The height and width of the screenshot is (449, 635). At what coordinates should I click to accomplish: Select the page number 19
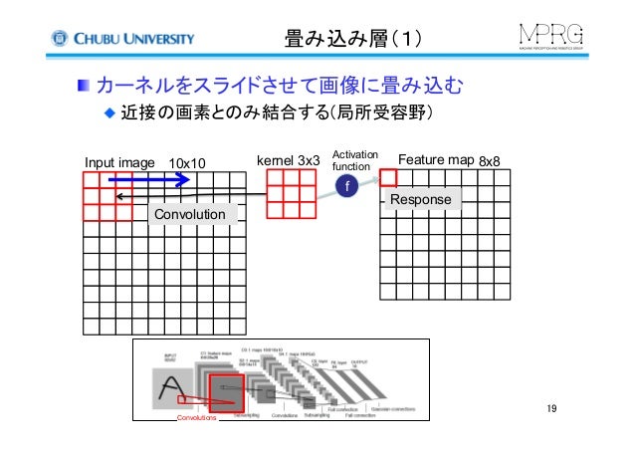(553, 411)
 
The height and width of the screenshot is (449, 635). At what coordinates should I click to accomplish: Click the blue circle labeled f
(346, 187)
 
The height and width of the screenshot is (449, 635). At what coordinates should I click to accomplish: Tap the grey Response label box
(420, 201)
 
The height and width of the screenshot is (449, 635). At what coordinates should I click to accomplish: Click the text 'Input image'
(118, 162)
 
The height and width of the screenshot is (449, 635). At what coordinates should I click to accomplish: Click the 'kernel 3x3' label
(289, 159)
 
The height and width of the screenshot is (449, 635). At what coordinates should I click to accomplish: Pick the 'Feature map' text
(435, 159)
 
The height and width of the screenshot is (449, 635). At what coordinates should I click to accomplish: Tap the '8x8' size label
(489, 161)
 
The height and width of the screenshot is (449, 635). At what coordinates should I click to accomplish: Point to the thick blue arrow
(148, 180)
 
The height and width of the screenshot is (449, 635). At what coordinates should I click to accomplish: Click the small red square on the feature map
(388, 178)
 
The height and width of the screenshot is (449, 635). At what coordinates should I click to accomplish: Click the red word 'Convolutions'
(196, 429)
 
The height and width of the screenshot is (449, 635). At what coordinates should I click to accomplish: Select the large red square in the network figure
(225, 389)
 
